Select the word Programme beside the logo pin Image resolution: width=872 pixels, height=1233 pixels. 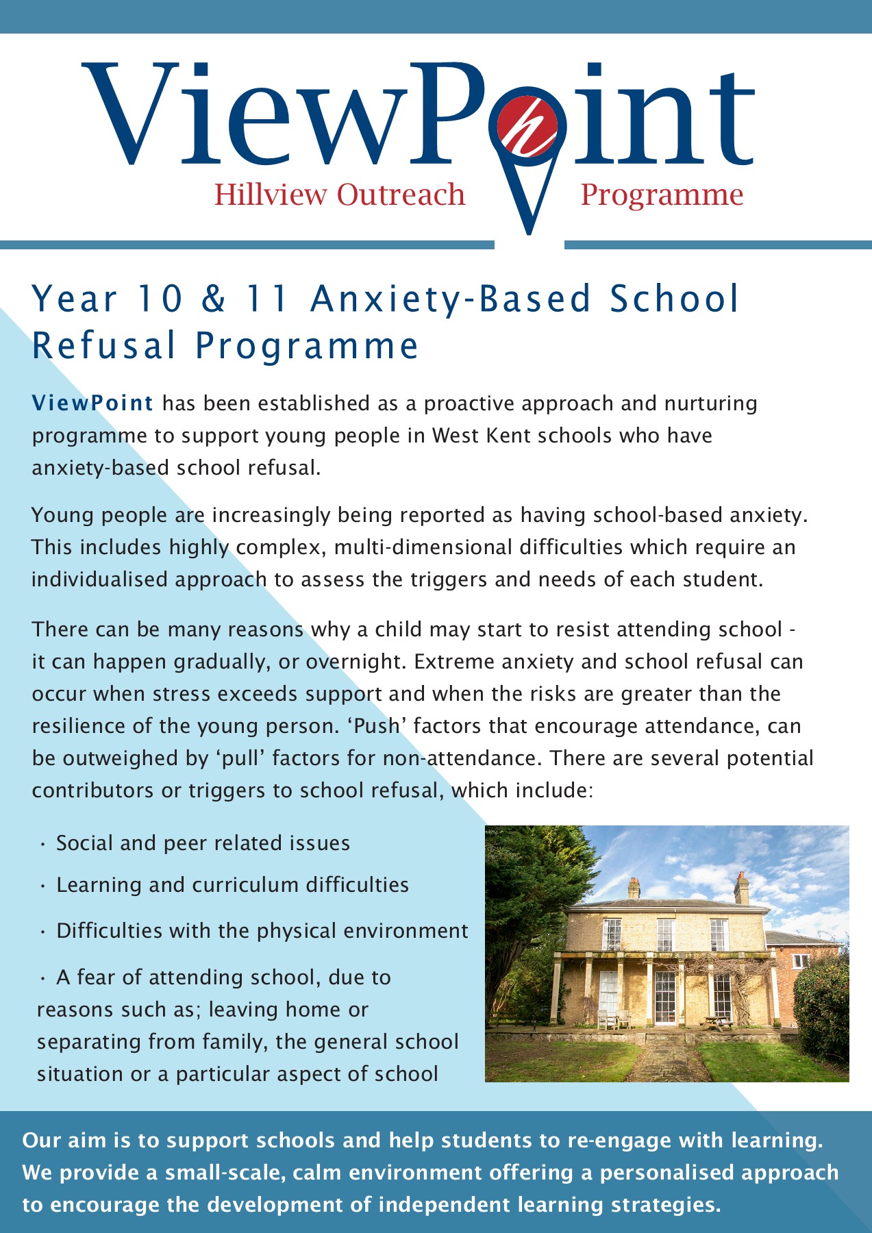662,195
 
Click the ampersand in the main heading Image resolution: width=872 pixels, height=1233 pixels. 213,299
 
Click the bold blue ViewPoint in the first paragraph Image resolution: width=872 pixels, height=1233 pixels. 92,403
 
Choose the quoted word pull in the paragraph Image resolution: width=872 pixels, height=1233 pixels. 241,758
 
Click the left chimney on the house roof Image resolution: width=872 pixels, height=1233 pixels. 634,888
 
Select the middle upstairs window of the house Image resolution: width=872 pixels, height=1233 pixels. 664,934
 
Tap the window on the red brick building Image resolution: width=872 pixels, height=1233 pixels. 799,962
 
